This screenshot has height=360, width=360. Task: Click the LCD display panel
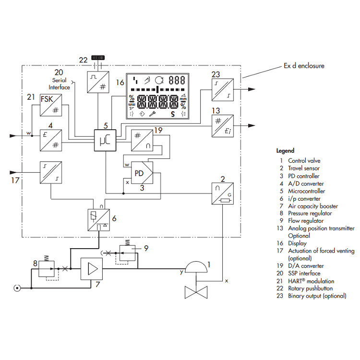coord(158,96)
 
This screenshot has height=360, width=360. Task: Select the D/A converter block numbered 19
coord(143,141)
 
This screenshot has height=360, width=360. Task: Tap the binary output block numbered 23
coord(222,89)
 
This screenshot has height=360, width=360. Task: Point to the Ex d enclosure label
coord(304,66)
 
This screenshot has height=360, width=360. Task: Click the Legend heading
coord(285,150)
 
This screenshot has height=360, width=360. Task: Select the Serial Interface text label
coord(59,84)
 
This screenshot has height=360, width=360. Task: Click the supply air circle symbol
coord(17,288)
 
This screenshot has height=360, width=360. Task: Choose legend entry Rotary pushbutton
coord(311,288)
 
